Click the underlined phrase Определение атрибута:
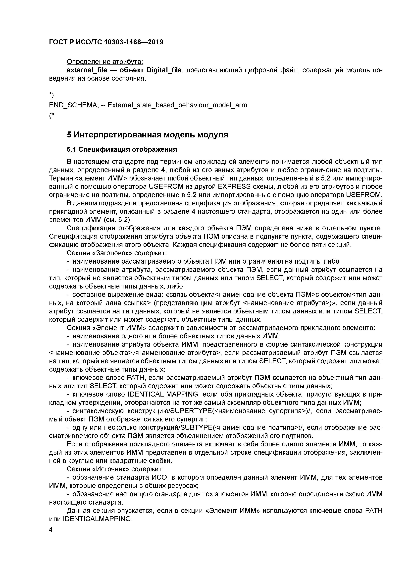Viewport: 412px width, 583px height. pos(105,62)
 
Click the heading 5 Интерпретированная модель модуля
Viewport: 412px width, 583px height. pos(147,135)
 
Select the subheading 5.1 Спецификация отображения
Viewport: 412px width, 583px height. pos(122,150)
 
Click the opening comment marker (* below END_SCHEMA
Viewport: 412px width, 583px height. pos(51,116)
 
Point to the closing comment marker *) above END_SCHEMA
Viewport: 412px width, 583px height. pos(51,95)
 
